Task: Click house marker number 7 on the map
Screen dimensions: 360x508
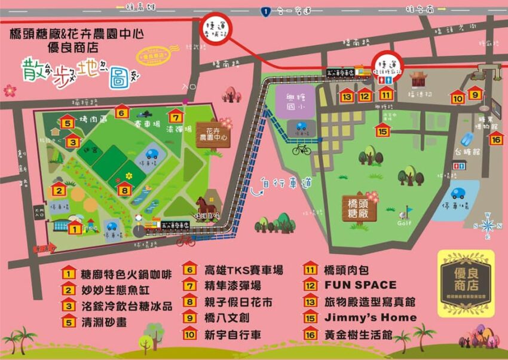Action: [175, 115]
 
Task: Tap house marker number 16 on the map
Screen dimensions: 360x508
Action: [495, 138]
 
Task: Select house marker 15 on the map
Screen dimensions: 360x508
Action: [382, 130]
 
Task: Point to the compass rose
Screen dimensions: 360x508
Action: [488, 224]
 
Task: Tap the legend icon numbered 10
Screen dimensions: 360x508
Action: [190, 334]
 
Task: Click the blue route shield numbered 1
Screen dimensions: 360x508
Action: [265, 10]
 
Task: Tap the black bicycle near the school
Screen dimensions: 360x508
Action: [302, 149]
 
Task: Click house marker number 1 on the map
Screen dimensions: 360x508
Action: [75, 227]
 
